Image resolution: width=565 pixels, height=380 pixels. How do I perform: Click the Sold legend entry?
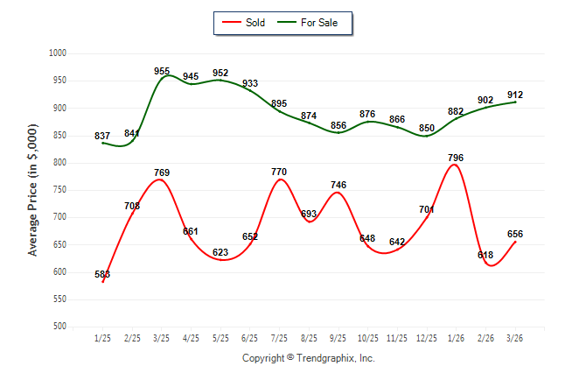tap(244, 23)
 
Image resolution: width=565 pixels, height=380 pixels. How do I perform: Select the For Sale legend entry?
tap(307, 23)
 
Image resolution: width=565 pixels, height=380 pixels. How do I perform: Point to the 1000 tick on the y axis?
tap(58, 53)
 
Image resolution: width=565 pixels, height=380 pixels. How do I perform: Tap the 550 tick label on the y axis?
tap(59, 299)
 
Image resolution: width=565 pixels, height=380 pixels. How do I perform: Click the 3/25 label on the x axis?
tap(161, 338)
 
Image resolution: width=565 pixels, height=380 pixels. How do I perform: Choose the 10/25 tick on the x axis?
tap(368, 338)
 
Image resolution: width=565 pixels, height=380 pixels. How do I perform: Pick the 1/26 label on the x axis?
tap(456, 338)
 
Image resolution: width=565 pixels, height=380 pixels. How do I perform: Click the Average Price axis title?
tap(32, 190)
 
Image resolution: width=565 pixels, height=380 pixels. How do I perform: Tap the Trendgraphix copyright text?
tap(309, 358)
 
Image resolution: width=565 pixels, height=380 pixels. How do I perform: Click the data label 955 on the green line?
tap(162, 71)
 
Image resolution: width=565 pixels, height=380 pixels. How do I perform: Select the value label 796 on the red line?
tap(456, 158)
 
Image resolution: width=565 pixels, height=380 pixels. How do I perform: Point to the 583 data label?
tap(102, 274)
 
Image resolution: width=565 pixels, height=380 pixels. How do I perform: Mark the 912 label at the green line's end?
tap(515, 95)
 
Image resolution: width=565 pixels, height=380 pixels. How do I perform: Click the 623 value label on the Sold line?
tap(220, 252)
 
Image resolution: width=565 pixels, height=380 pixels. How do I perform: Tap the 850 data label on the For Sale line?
tap(427, 128)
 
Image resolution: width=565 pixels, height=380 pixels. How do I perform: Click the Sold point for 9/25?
tap(338, 193)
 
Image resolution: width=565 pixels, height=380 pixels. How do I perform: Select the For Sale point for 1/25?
tap(103, 143)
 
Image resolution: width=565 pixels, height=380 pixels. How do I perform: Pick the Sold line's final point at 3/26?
tap(515, 242)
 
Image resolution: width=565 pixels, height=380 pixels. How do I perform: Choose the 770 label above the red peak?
tap(279, 172)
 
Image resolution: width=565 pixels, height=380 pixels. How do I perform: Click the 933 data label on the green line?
tap(250, 83)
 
